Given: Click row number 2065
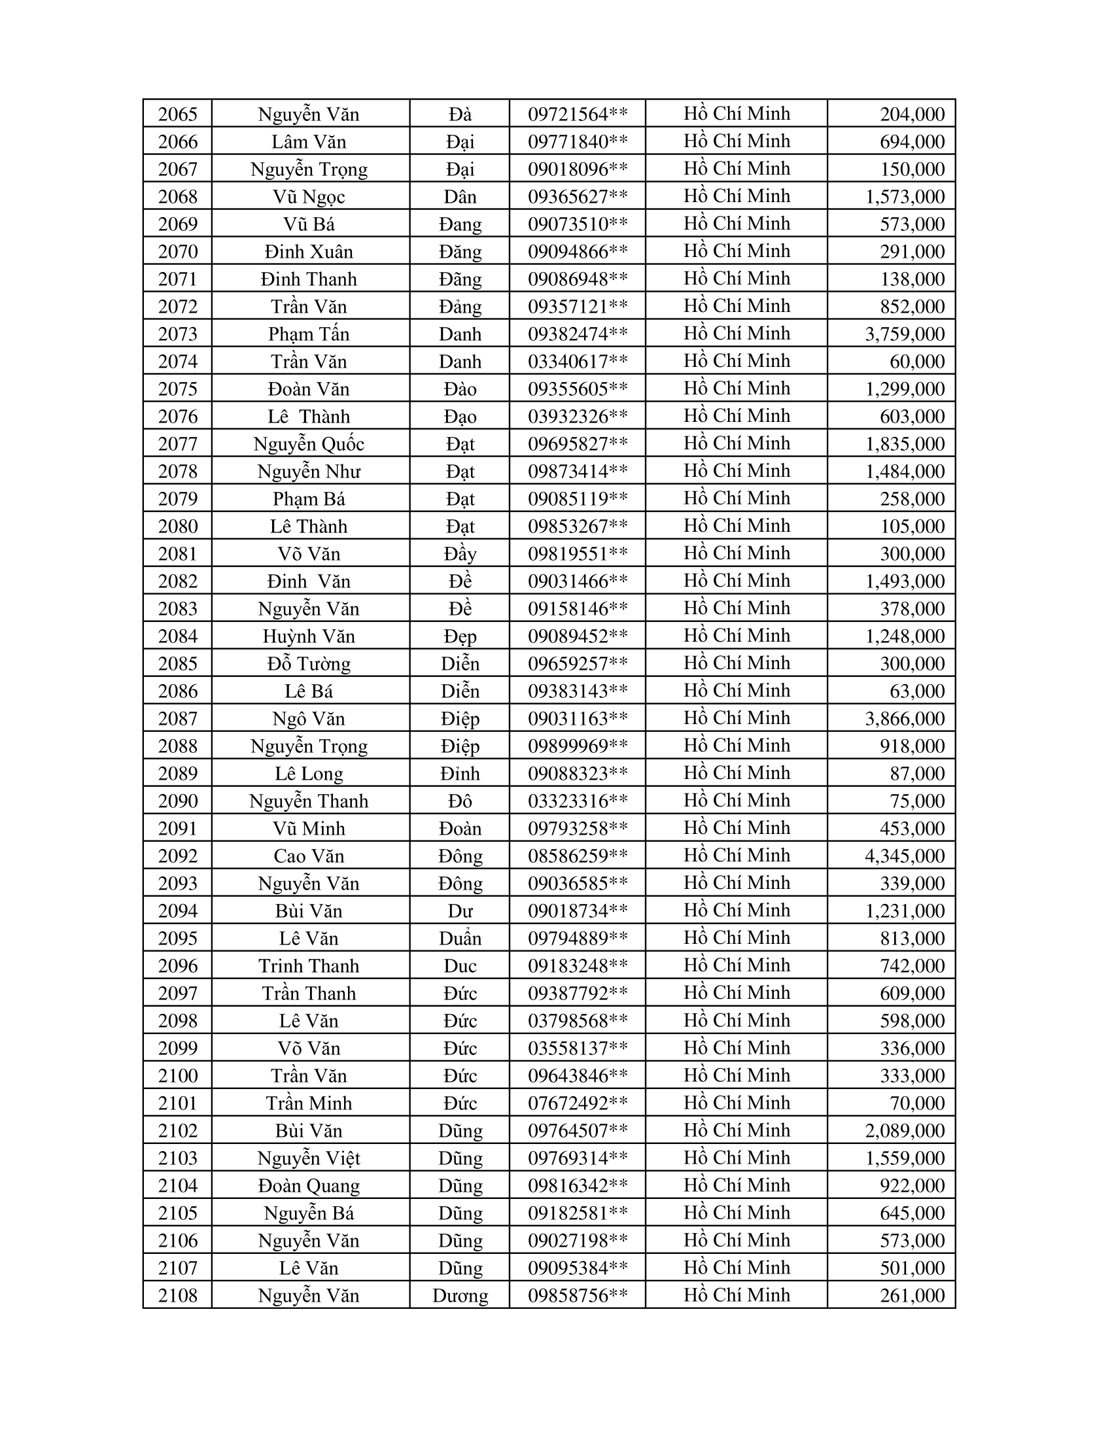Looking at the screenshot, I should [178, 114].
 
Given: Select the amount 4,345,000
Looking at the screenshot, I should [905, 856].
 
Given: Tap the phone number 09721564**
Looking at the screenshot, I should [577, 114].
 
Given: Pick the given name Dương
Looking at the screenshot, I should [460, 1295].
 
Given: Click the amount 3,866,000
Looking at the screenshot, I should [905, 719].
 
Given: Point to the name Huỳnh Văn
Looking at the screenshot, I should [308, 636].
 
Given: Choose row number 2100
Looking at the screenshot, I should [178, 1076].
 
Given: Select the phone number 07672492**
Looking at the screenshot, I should [577, 1103].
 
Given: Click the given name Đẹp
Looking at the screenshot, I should [460, 636].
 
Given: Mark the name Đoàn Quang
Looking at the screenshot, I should [308, 1186].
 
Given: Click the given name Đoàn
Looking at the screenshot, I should [460, 829].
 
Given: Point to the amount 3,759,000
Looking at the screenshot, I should [905, 334].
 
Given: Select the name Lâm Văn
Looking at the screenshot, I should [308, 143].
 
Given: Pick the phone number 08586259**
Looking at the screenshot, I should [577, 856].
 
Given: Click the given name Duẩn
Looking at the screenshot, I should [460, 938].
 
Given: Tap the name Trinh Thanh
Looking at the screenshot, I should [308, 966].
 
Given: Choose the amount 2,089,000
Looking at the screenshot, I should [905, 1131].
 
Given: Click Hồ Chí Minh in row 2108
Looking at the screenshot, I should [737, 1294].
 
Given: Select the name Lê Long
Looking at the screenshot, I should [308, 774].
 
